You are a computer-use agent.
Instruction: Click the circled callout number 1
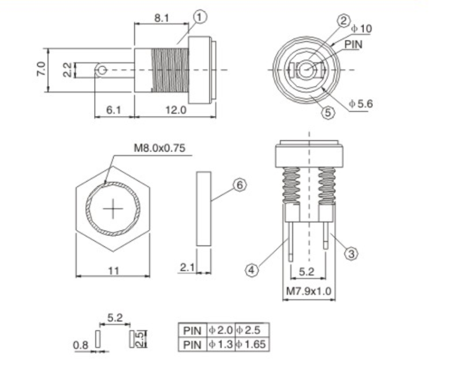coord(200,17)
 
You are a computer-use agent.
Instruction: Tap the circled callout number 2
coord(343,21)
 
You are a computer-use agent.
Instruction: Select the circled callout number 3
coord(351,254)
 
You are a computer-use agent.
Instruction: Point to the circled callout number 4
coord(252,270)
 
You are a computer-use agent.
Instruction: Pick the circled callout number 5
coord(327,112)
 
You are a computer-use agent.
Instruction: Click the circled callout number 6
coord(240,185)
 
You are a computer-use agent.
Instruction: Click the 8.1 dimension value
coord(161,18)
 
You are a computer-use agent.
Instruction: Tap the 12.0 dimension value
coord(176,110)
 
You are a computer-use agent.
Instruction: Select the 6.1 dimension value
coord(114,110)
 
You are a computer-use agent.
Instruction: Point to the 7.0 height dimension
coord(41,69)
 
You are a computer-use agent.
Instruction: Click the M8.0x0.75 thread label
coord(160,148)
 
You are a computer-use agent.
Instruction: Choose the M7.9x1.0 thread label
coord(309,291)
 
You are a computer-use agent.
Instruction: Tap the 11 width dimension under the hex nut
coord(113,271)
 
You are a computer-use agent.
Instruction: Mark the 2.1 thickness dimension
coord(187,267)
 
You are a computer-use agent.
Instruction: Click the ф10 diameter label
coord(362,28)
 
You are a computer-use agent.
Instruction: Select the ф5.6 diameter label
coord(360,103)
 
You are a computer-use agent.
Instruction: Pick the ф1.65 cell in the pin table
coord(251,344)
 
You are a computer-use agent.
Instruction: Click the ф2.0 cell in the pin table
coord(220,330)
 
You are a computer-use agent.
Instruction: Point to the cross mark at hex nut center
coord(113,209)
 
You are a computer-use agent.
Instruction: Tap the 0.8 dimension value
coord(81,345)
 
